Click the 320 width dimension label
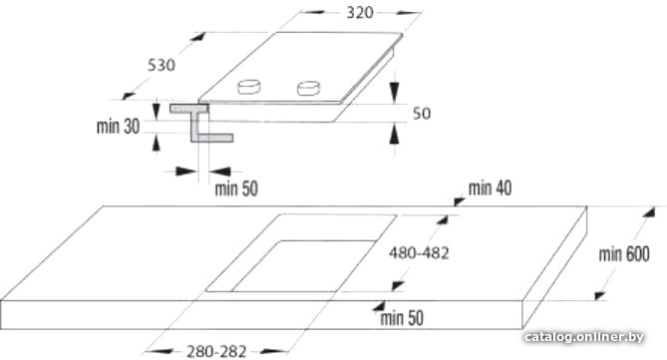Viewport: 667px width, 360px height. click(360, 12)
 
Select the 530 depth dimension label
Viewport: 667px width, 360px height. click(162, 65)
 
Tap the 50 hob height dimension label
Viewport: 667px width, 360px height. click(422, 114)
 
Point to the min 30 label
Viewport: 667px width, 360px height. click(118, 127)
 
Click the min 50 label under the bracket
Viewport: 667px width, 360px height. click(236, 188)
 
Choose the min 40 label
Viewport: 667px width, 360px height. click(490, 187)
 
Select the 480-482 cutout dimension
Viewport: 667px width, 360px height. click(419, 253)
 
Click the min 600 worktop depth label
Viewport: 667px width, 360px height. click(624, 254)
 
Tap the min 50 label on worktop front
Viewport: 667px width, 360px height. click(402, 318)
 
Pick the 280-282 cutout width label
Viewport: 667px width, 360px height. click(216, 351)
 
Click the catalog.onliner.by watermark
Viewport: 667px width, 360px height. click(584, 337)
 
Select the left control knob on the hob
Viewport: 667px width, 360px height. click(249, 87)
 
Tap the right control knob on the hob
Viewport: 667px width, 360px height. click(308, 88)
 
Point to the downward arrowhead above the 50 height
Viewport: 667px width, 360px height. click(395, 93)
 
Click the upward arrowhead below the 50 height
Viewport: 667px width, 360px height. click(395, 134)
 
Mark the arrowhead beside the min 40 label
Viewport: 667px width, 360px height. click(459, 200)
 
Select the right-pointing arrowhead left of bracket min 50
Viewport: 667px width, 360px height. click(186, 172)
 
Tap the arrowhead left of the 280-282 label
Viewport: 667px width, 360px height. click(159, 351)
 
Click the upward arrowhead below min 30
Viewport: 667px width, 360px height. click(157, 142)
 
